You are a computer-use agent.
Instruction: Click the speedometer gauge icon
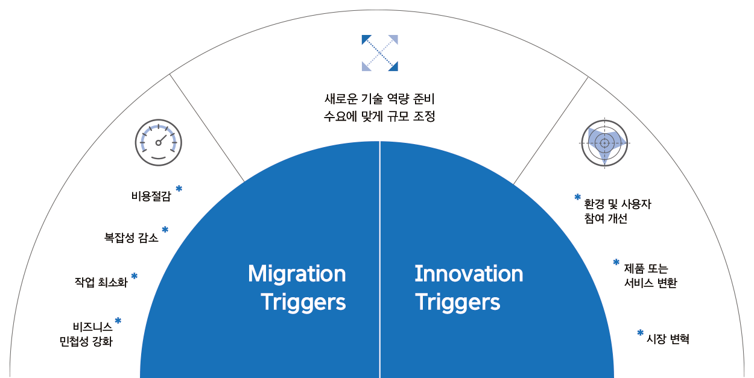pyautogui.click(x=158, y=143)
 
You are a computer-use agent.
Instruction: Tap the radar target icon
pyautogui.click(x=604, y=143)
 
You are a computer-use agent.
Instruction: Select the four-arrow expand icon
pyautogui.click(x=379, y=53)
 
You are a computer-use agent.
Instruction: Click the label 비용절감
pyautogui.click(x=151, y=196)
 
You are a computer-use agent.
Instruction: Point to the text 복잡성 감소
pyautogui.click(x=131, y=238)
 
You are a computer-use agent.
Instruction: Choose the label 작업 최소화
pyautogui.click(x=101, y=282)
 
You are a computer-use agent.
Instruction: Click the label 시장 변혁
pyautogui.click(x=668, y=339)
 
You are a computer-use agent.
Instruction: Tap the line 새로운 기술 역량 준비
pyautogui.click(x=379, y=99)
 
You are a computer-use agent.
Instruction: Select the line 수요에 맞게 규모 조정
pyautogui.click(x=379, y=116)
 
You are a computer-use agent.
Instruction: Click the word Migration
pyautogui.click(x=297, y=274)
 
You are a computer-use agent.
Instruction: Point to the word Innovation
pyautogui.click(x=469, y=274)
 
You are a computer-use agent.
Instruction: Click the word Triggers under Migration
pyautogui.click(x=303, y=302)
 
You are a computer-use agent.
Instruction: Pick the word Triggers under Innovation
pyautogui.click(x=457, y=302)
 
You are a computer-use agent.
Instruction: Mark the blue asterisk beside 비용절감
pyautogui.click(x=179, y=188)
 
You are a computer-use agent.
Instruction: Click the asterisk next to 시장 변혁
pyautogui.click(x=640, y=333)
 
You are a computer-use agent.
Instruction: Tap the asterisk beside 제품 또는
pyautogui.click(x=616, y=262)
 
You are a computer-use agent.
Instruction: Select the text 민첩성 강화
pyautogui.click(x=86, y=342)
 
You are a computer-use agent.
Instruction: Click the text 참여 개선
pyautogui.click(x=606, y=219)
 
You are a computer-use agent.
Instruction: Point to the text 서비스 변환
pyautogui.click(x=650, y=283)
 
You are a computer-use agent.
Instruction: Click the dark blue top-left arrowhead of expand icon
pyautogui.click(x=366, y=39)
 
